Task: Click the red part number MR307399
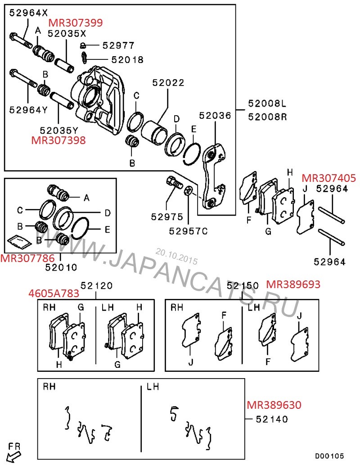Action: pos(75,22)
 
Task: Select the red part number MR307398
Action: pos(58,140)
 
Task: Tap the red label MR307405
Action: pos(328,178)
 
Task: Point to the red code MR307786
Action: pos(27,258)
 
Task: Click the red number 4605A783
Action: pos(54,294)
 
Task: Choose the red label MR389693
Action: pos(293,284)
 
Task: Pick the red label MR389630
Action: pos(274,405)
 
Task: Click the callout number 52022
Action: pos(168,83)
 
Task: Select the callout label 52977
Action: pos(118,45)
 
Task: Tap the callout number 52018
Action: pos(127,59)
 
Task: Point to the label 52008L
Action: pos(267,104)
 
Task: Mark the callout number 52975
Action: pos(167,217)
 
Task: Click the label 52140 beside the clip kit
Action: pos(272,419)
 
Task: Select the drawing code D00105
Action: pos(329,456)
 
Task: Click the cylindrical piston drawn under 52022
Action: pos(154,131)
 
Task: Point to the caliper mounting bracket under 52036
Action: pos(212,176)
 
